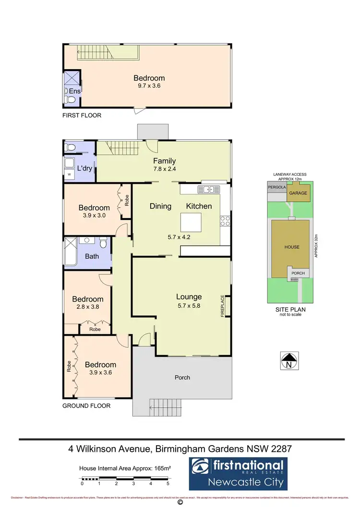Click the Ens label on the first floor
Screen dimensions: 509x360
[74, 91]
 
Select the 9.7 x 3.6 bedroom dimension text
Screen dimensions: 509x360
[149, 87]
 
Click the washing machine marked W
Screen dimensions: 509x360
[69, 174]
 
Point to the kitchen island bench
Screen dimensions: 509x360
[190, 222]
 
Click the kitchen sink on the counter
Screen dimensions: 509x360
[209, 189]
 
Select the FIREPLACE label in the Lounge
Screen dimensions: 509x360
[222, 305]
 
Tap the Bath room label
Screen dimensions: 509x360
[92, 256]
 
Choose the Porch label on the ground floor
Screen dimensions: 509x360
[182, 377]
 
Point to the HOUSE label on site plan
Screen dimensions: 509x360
[291, 247]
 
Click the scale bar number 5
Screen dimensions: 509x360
[168, 484]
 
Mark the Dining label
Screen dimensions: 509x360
[160, 206]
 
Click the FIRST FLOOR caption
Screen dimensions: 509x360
[82, 116]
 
